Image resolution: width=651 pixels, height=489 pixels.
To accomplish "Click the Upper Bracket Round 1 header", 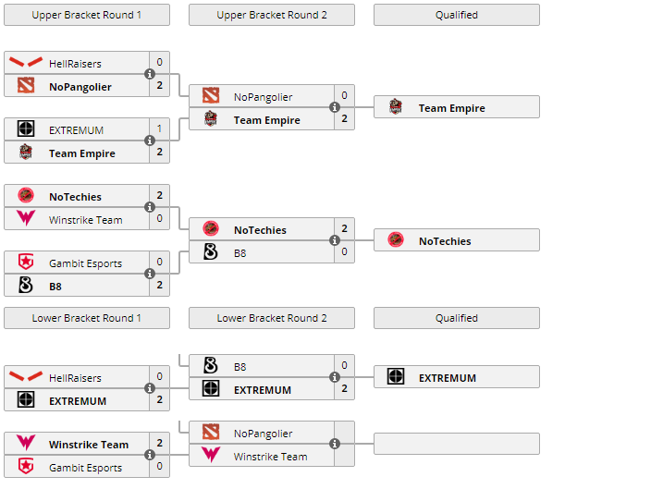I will click(87, 15).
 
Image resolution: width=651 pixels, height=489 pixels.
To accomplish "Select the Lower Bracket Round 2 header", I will click(272, 318).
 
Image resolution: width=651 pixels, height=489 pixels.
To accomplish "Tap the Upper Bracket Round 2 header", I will click(272, 15).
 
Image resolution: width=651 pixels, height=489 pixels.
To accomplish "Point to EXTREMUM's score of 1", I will click(159, 129).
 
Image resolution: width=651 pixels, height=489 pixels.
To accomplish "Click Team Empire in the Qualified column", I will click(451, 108).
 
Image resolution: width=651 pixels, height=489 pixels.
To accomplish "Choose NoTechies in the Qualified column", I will click(445, 241).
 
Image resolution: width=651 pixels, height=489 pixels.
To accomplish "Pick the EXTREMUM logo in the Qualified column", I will click(396, 377).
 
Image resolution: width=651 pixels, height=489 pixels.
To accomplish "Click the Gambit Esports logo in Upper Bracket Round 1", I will click(26, 263).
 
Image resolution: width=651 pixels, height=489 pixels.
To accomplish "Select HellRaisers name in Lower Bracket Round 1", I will click(75, 378).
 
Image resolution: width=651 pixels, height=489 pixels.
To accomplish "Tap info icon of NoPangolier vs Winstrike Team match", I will click(335, 445).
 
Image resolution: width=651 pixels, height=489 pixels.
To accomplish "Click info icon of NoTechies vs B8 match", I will click(335, 241).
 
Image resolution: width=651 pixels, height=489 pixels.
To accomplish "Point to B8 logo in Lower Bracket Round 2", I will click(211, 366).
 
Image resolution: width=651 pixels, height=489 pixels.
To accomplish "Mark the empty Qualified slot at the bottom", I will click(457, 444).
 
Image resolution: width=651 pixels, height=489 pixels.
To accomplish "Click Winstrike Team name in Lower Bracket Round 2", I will click(270, 457).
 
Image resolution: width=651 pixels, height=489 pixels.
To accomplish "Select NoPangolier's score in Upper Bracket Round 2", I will click(344, 96).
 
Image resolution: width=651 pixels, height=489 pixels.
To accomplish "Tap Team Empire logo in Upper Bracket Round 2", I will click(211, 119).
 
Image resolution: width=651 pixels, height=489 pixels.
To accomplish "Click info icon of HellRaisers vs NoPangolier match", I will click(150, 75).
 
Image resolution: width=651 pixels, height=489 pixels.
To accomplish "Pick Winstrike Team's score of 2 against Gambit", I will click(159, 444).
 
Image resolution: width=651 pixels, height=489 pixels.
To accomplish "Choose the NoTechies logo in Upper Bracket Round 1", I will click(26, 196).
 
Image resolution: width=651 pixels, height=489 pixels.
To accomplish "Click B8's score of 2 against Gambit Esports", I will click(159, 286).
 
